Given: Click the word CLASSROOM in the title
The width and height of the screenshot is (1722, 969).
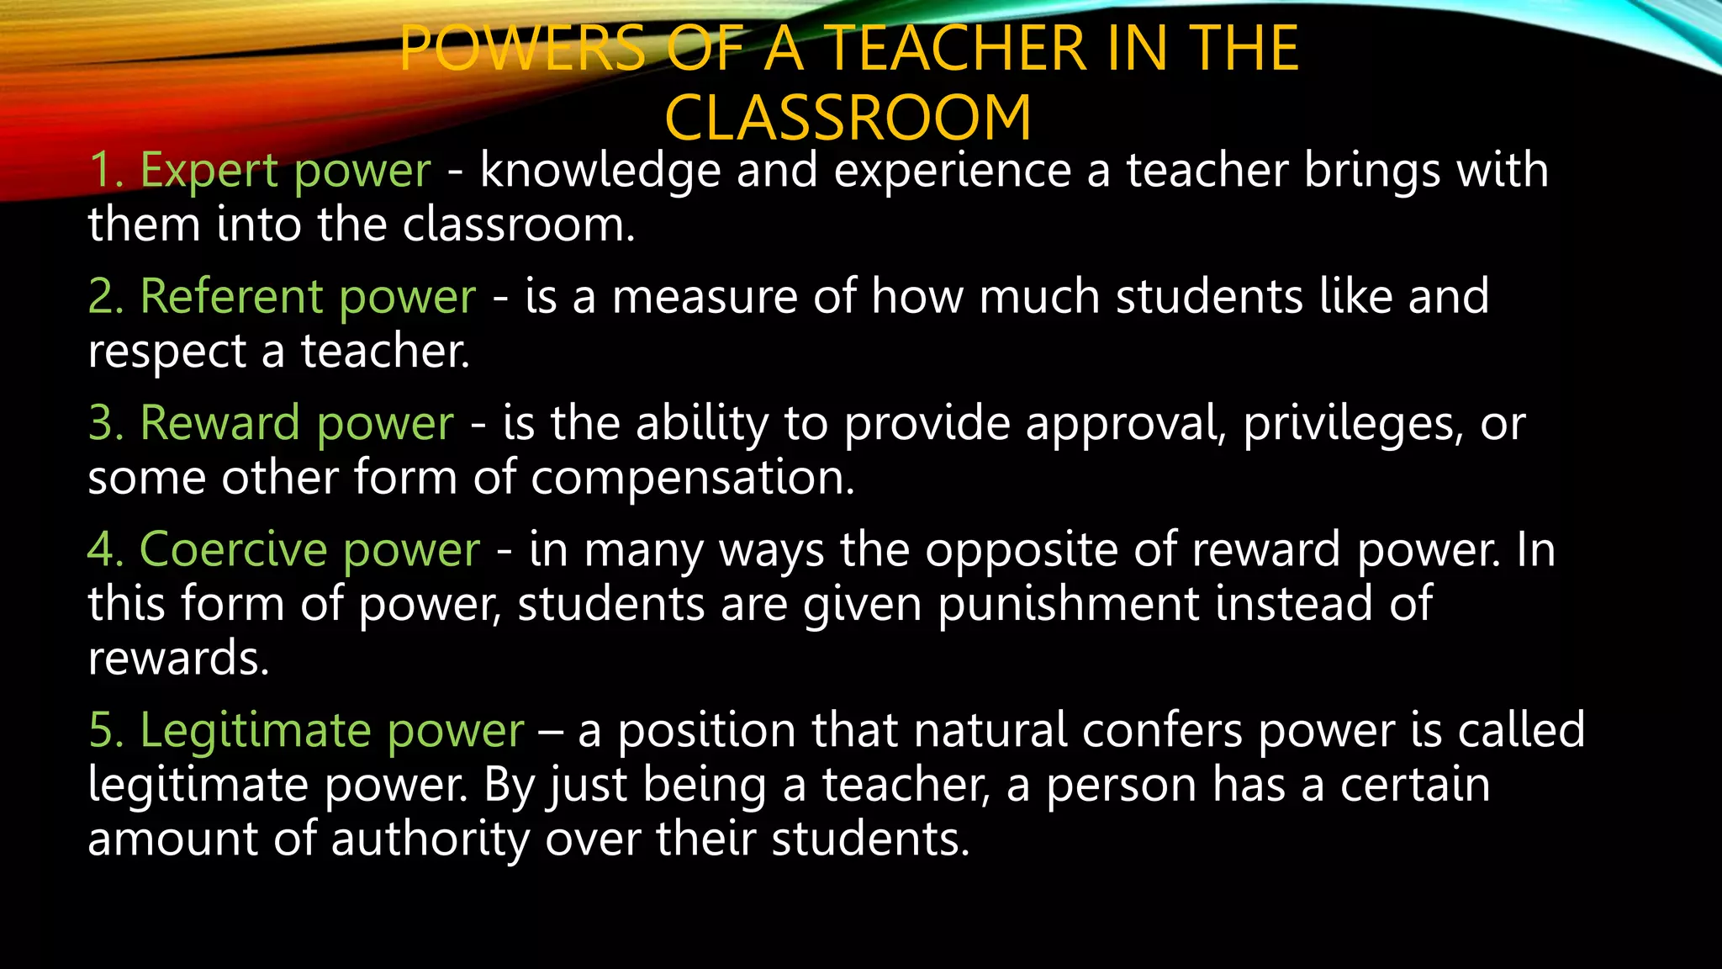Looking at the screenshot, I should click(x=848, y=118).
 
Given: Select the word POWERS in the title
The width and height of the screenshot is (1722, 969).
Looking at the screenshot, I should click(x=522, y=48).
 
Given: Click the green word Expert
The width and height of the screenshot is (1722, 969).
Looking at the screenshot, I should click(x=209, y=170).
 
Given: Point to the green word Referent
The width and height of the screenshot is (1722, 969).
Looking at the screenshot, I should click(x=231, y=296).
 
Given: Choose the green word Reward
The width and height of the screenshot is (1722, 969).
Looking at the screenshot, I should click(x=220, y=422).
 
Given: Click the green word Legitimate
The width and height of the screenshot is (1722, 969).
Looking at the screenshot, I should click(x=256, y=729).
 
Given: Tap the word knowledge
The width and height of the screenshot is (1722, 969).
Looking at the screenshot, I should click(x=600, y=170).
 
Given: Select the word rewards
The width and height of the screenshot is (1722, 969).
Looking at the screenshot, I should click(x=178, y=659).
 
